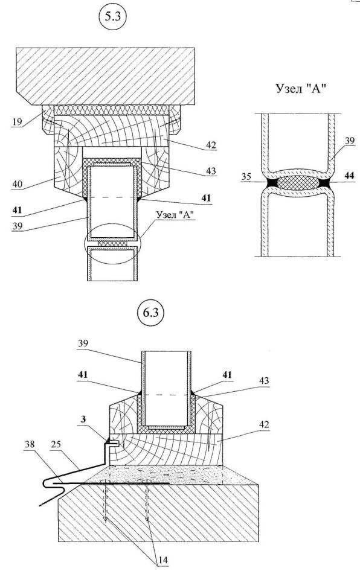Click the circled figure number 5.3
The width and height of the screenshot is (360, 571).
112,19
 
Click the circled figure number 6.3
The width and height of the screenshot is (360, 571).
150,313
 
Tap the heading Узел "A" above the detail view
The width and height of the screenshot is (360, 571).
300,88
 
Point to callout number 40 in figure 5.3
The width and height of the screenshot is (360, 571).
18,184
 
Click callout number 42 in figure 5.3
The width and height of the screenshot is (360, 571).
211,145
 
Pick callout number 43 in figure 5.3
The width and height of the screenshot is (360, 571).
211,170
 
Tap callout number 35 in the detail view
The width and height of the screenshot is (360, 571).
246,177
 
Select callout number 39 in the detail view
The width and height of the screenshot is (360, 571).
349,141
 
